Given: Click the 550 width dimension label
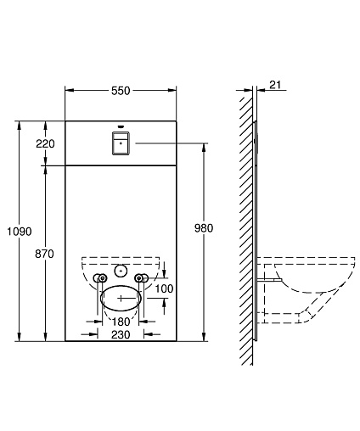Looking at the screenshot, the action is pyautogui.click(x=121, y=91).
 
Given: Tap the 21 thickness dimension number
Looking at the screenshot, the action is pyautogui.click(x=275, y=85).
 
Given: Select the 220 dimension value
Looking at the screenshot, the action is pyautogui.click(x=45, y=143).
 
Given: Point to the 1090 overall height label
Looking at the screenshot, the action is pyautogui.click(x=20, y=232).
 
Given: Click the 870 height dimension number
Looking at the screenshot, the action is pyautogui.click(x=44, y=254).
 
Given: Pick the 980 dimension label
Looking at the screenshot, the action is pyautogui.click(x=204, y=228).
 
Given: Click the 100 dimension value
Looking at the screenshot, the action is pyautogui.click(x=164, y=288).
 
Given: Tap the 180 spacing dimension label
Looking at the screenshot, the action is pyautogui.click(x=121, y=322).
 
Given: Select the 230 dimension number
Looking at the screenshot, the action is pyautogui.click(x=121, y=334).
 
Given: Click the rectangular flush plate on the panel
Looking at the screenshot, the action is pyautogui.click(x=121, y=143).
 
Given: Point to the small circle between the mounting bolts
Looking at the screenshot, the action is pyautogui.click(x=121, y=271).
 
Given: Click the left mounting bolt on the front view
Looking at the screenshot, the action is pyautogui.click(x=101, y=278).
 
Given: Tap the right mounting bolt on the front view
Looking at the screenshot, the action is pyautogui.click(x=141, y=278).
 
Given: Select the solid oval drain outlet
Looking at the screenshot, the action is pyautogui.click(x=121, y=298).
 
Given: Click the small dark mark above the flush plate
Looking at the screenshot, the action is pyautogui.click(x=121, y=126).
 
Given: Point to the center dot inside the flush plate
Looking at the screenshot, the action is pyautogui.click(x=121, y=143).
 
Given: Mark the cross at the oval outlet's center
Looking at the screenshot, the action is pyautogui.click(x=121, y=298).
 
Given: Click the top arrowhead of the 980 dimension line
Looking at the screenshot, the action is pyautogui.click(x=204, y=147).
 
